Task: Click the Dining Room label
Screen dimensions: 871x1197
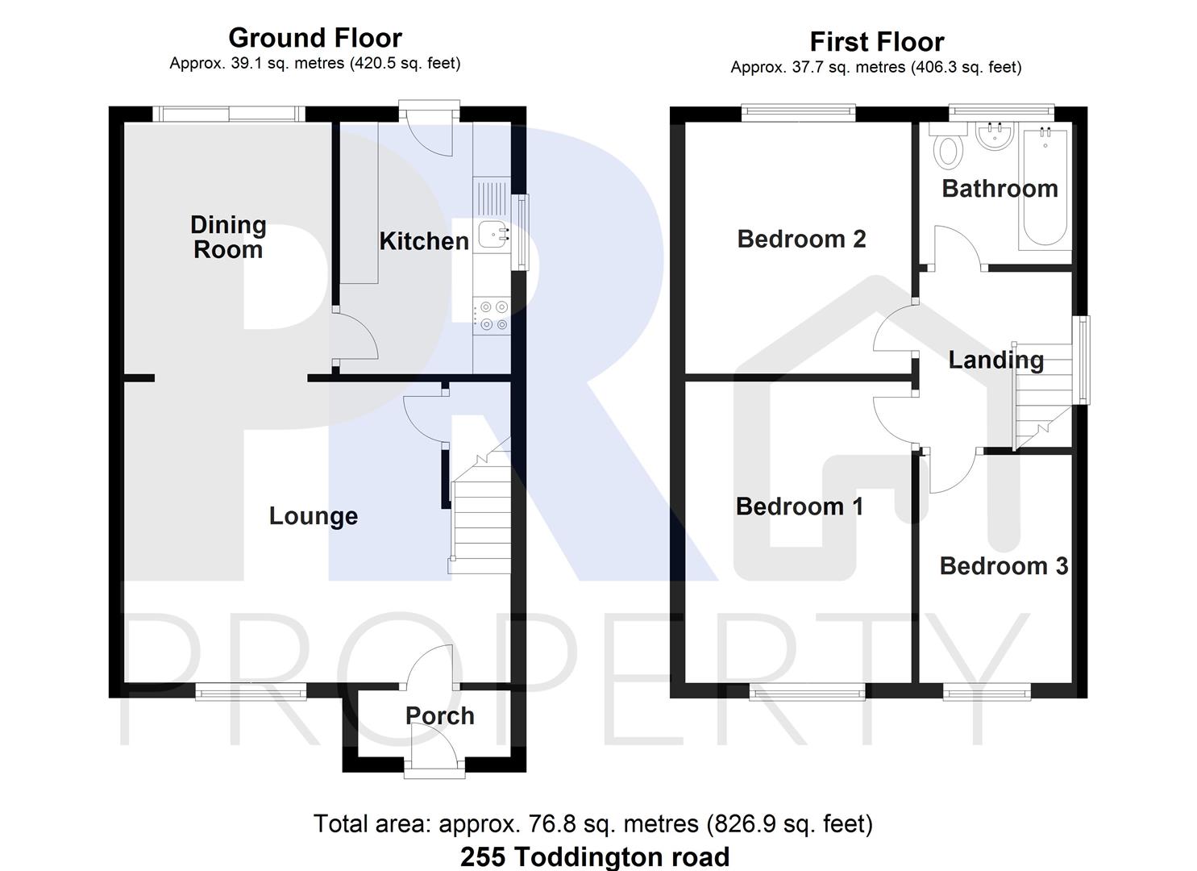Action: (x=228, y=237)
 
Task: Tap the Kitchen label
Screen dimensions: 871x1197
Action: (x=424, y=241)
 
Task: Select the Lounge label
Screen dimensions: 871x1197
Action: (x=313, y=516)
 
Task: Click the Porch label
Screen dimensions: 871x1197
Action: (x=439, y=716)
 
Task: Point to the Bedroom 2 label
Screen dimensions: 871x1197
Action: (x=801, y=239)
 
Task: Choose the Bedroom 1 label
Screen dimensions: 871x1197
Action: (x=799, y=506)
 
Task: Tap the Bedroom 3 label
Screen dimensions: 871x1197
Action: (x=1004, y=566)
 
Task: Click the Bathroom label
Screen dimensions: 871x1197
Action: (x=1000, y=189)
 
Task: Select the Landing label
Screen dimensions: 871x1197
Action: (x=995, y=360)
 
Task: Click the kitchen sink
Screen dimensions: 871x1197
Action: (x=493, y=234)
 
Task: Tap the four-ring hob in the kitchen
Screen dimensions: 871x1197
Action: (x=493, y=315)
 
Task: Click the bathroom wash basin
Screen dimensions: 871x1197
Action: (x=993, y=137)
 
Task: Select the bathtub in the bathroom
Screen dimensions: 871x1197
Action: (x=1045, y=187)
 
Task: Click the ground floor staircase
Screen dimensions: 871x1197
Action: (x=480, y=516)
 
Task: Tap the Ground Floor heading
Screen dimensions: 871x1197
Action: (x=314, y=38)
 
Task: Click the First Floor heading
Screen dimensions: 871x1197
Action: (x=876, y=42)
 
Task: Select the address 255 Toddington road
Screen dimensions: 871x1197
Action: (x=595, y=856)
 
